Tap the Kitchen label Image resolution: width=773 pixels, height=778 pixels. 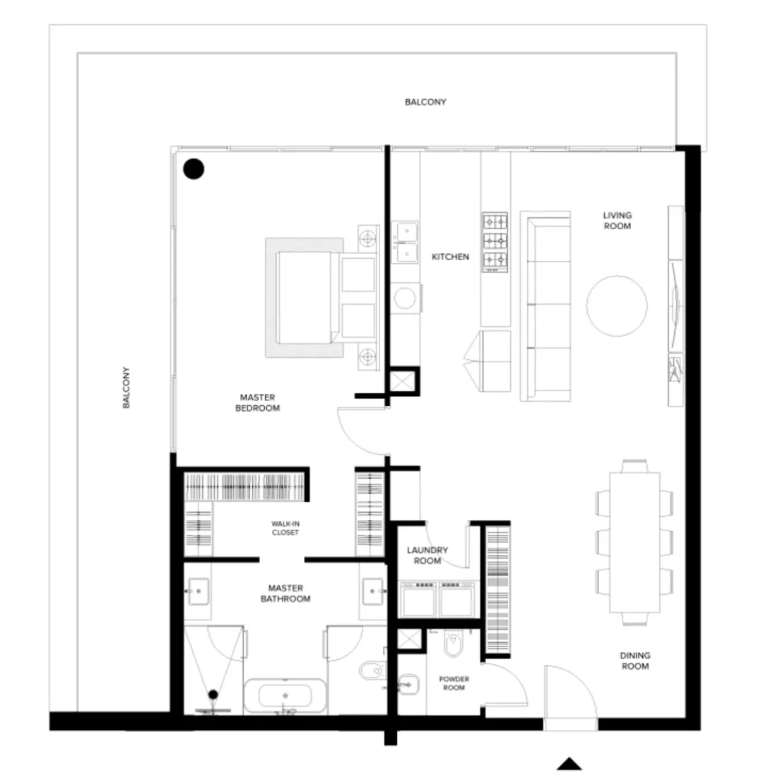coord(450,257)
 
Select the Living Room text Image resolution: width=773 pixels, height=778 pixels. coord(617,221)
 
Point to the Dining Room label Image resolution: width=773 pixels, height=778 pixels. coord(635,661)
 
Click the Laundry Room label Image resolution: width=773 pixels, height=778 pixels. coord(427,555)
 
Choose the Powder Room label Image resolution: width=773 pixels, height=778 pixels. coord(454,683)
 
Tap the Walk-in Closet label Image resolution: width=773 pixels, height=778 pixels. coord(285,528)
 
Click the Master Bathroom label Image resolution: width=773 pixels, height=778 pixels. coord(285,593)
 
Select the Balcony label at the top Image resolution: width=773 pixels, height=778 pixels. coord(425,102)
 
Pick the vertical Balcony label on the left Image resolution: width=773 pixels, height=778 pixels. coord(126,388)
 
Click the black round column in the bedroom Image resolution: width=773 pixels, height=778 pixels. coord(193,168)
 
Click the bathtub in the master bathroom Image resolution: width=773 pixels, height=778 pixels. coord(285,696)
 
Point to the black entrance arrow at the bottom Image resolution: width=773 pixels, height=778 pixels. coord(569,763)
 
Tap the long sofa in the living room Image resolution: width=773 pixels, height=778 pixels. coord(545,306)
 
